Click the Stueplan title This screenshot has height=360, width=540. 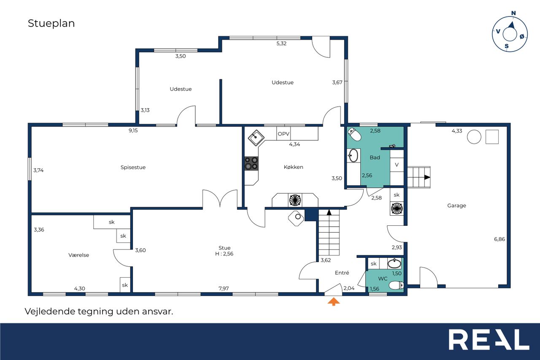tap(51, 24)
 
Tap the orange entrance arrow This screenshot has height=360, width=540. tap(334, 302)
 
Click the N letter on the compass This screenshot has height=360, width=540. tap(513, 13)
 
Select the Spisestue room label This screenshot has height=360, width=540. tap(133, 168)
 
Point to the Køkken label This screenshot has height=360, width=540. tap(293, 167)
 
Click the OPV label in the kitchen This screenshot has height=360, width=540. tap(283, 134)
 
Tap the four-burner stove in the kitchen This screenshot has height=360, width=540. tap(251, 163)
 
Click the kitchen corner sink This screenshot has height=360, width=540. tap(256, 138)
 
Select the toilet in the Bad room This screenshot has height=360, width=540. tap(354, 134)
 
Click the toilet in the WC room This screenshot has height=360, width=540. tap(396, 285)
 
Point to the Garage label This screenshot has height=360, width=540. tap(456, 206)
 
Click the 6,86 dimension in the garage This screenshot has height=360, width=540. tap(499, 239)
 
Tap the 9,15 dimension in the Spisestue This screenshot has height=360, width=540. tap(133, 130)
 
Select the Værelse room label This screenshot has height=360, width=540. tap(78, 255)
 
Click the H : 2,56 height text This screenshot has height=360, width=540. tap(224, 254)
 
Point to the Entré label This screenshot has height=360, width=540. tap(342, 273)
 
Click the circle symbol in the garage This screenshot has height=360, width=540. tap(474, 137)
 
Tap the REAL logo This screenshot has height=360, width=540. tap(489, 339)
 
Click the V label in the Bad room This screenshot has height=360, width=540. tap(397, 165)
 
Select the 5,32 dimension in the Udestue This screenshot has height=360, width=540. tap(281, 43)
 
